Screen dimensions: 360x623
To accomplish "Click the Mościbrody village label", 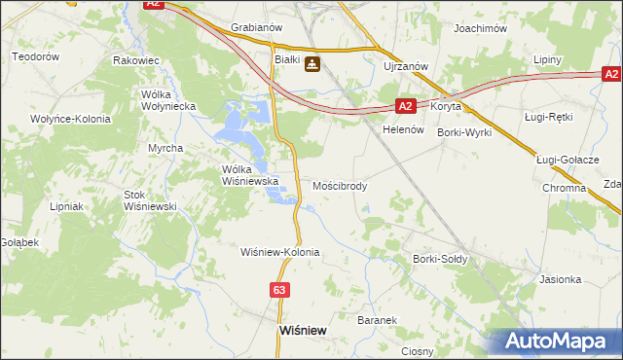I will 340,185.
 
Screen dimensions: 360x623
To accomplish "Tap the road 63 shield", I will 280,290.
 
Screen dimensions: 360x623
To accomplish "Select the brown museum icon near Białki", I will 311,64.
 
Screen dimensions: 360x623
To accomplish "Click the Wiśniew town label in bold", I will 302,330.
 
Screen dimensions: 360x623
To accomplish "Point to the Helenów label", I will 400,129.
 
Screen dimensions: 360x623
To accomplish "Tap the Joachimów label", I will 481,28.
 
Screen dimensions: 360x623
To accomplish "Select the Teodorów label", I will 36,57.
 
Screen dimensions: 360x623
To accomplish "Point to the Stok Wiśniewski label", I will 148,200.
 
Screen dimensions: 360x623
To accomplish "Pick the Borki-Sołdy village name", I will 440,259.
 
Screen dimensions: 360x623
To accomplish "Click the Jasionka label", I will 560,279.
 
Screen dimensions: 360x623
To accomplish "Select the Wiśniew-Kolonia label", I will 280,251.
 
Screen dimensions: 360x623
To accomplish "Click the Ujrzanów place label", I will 403,65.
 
